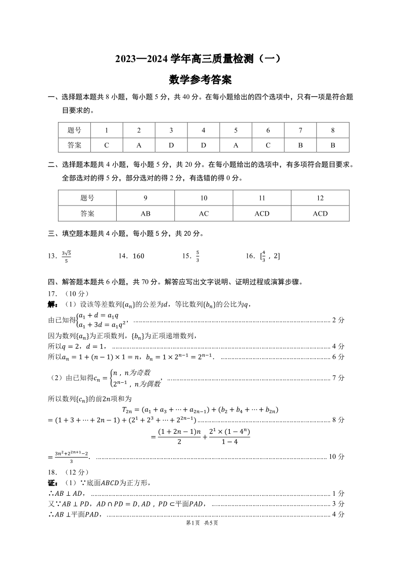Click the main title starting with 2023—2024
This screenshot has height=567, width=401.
click(x=201, y=59)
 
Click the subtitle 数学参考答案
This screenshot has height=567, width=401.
click(x=201, y=79)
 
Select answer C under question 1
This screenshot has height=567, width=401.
click(x=107, y=145)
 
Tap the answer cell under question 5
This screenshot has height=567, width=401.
click(x=236, y=145)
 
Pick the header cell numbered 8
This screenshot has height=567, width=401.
click(x=333, y=130)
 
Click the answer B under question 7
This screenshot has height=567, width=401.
click(x=300, y=145)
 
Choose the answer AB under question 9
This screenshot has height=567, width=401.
click(x=145, y=214)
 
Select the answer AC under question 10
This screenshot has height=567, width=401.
click(x=204, y=214)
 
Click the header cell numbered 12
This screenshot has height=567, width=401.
click(x=320, y=198)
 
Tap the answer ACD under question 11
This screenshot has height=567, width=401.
click(x=262, y=214)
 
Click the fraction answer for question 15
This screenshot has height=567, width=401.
click(x=198, y=256)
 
